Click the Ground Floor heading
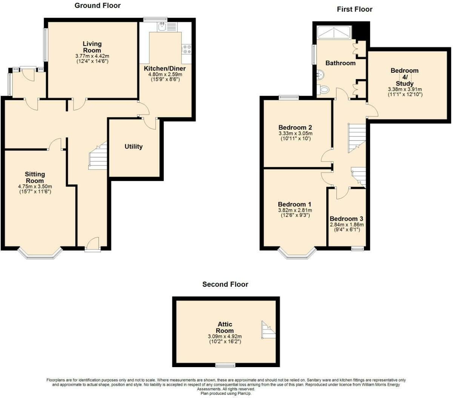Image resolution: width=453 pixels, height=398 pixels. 97,5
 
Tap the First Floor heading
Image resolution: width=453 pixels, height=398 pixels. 355,9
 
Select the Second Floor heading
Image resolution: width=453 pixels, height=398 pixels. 225,284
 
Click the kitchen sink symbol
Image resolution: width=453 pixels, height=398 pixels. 163,26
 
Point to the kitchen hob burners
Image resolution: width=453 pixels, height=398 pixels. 187,49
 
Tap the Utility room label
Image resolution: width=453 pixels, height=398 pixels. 134,146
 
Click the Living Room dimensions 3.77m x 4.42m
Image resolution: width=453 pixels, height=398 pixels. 92,56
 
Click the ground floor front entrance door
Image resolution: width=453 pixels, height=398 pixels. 92,245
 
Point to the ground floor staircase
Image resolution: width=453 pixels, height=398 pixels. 98,156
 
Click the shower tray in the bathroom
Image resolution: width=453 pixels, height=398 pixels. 334,32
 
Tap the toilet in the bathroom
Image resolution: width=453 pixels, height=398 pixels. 323,90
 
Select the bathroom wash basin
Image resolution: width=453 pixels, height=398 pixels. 320,74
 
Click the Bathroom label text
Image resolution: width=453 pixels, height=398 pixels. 340,63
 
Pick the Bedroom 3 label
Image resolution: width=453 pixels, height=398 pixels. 346,219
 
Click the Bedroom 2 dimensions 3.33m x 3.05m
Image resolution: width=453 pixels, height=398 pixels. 295,133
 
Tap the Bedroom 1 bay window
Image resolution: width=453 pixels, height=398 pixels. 297,254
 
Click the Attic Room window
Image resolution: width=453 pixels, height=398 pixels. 225,365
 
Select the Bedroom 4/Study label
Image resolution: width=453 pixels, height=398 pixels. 404,77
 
